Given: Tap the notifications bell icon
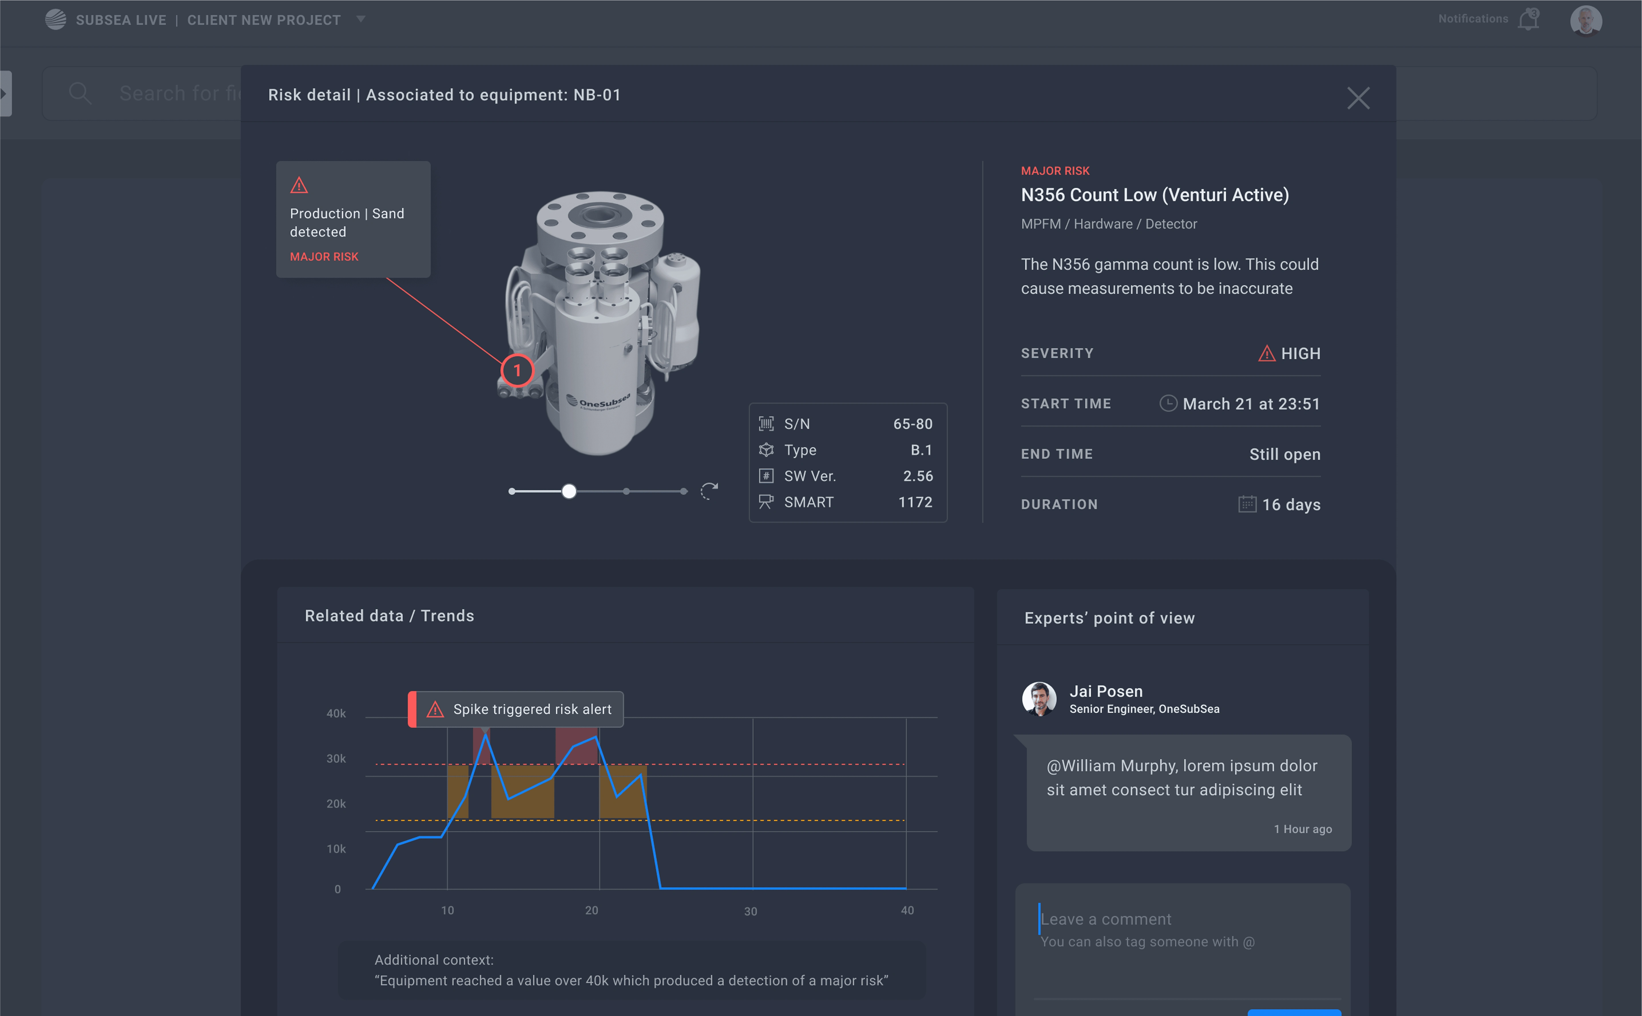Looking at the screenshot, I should [1528, 19].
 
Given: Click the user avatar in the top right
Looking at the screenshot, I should [1586, 19].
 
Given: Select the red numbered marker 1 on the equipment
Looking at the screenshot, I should [517, 370].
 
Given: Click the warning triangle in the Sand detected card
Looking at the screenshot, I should [299, 185].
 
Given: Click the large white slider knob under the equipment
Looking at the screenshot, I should [569, 491].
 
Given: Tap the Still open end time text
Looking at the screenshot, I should [1284, 454].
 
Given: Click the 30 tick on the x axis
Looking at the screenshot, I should [750, 911].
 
